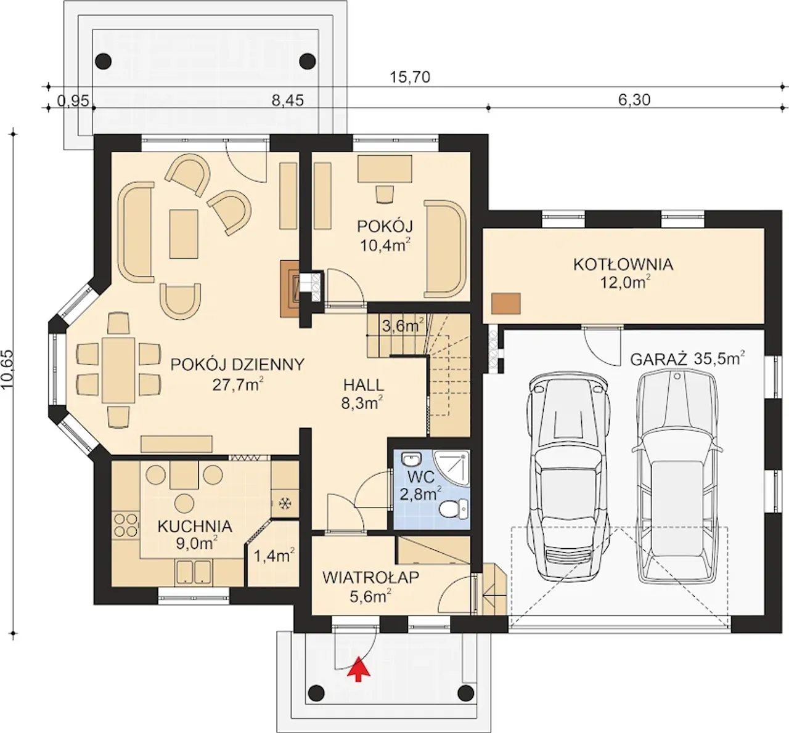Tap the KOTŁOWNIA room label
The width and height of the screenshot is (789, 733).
[x=623, y=264]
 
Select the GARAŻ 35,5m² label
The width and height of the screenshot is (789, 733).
[x=687, y=358]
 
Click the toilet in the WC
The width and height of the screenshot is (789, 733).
[x=454, y=508]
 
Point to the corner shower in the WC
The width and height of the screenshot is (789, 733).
[x=452, y=469]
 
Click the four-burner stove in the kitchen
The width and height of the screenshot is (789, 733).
[x=126, y=525]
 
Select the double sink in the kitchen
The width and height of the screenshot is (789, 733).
[x=194, y=572]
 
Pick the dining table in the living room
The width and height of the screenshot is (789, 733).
[x=118, y=370]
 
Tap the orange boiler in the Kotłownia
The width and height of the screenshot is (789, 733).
[x=505, y=304]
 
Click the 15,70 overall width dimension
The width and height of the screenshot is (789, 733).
[x=409, y=78]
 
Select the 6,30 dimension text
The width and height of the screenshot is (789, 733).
[x=634, y=100]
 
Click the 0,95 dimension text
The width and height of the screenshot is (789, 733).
[x=73, y=101]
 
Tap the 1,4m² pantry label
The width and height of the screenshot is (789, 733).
[x=274, y=556]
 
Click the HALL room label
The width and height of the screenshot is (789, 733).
[x=364, y=385]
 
